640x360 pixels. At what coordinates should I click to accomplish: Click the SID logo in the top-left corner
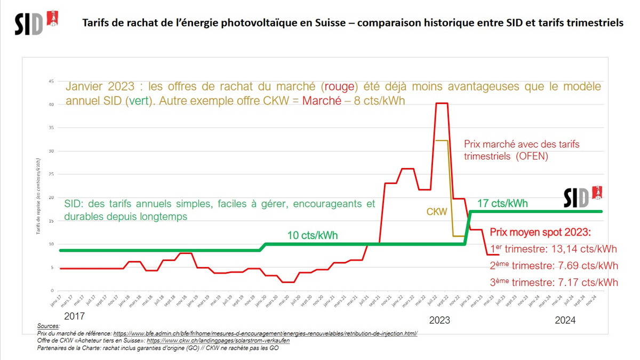click(x=36, y=22)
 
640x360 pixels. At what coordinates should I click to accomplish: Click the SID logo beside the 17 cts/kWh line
click(x=582, y=196)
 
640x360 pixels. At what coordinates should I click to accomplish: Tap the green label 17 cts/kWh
click(x=502, y=203)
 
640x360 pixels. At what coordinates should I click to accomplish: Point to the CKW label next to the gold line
click(x=436, y=212)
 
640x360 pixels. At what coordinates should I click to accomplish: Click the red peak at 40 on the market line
click(x=442, y=103)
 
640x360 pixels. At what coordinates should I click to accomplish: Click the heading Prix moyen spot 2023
click(x=540, y=233)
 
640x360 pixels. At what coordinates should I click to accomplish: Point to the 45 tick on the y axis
click(x=51, y=81)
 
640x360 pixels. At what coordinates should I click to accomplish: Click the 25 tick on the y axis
click(x=51, y=174)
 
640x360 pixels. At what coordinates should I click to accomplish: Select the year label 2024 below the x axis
click(x=565, y=320)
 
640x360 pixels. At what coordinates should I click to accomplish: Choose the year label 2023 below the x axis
click(x=439, y=320)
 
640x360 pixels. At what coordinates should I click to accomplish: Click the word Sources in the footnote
click(x=49, y=326)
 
